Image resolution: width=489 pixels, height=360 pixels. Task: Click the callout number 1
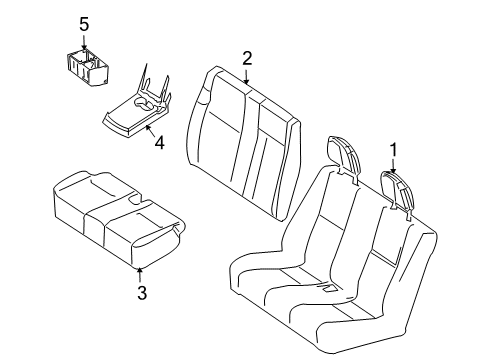coord(393,149)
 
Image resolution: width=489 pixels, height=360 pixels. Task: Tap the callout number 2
coord(246,57)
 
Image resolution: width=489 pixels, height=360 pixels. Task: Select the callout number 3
coord(141,292)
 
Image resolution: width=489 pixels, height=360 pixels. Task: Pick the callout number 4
coord(157,142)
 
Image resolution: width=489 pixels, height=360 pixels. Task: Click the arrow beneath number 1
coord(393,167)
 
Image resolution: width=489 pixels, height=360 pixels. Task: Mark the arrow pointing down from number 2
coord(246,74)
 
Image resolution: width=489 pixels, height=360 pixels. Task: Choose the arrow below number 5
coord(85,42)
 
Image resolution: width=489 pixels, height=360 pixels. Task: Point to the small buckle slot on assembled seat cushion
coord(327,289)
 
